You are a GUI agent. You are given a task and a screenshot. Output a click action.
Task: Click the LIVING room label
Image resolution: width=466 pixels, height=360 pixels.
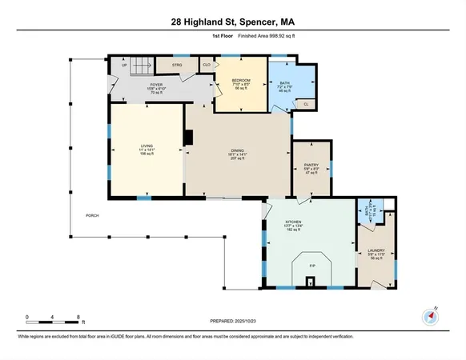point(147,146)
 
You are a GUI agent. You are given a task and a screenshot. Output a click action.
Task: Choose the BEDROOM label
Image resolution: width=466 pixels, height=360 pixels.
point(242,81)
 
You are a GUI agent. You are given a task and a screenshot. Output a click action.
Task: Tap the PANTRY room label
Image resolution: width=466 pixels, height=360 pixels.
point(311,166)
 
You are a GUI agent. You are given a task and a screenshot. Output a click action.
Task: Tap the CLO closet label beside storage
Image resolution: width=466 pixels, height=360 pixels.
point(206,65)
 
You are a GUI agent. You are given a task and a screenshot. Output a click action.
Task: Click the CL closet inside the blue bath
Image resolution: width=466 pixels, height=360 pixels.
point(306,104)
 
